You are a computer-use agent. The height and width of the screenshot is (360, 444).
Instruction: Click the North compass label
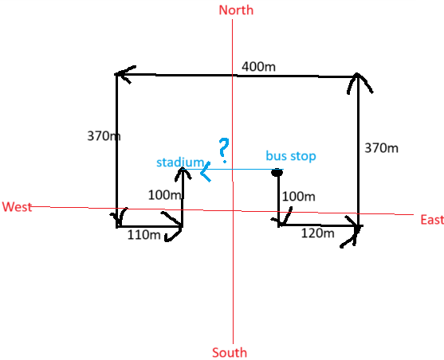(236, 10)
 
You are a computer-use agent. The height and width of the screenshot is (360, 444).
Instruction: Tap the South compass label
(230, 353)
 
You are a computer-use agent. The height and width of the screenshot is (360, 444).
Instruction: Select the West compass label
(17, 207)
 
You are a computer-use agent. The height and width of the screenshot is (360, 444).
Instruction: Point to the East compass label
(432, 220)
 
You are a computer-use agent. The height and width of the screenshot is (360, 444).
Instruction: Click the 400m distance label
(258, 67)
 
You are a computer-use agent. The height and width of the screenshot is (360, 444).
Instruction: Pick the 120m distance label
(318, 233)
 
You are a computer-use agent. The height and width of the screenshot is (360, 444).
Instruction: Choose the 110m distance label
(143, 235)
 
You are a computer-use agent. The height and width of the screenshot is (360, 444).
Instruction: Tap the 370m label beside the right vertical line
(381, 148)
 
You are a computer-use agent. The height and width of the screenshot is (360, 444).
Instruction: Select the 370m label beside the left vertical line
(104, 136)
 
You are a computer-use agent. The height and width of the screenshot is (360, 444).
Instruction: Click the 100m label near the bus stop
(299, 197)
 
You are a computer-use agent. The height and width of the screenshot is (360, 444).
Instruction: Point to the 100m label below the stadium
(165, 195)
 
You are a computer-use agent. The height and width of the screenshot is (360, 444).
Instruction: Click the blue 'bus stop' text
(291, 156)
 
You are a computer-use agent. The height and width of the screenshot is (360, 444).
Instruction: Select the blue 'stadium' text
(180, 162)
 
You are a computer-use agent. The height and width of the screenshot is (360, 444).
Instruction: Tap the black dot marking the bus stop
(277, 172)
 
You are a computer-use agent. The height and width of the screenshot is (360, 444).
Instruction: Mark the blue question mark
(224, 150)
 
